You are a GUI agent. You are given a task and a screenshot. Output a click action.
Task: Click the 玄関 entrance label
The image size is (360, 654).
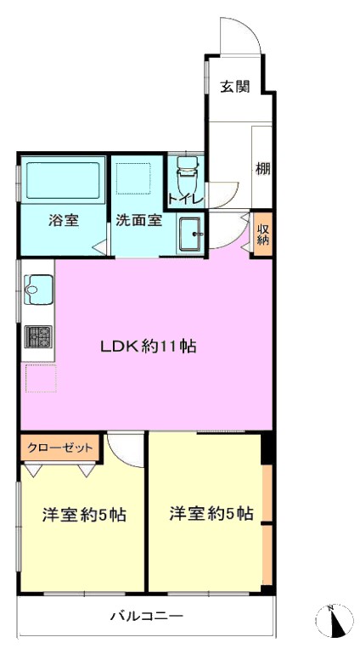pyautogui.click(x=235, y=87)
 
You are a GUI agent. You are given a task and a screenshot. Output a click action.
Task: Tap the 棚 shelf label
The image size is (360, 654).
pyautogui.click(x=263, y=169)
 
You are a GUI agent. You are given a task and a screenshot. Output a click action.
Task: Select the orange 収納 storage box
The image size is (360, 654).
pyautogui.click(x=262, y=234)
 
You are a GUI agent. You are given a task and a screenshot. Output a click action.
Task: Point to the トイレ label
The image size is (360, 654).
pyautogui.click(x=186, y=199)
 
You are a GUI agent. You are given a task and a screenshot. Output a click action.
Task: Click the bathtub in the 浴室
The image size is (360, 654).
pyautogui.click(x=63, y=181)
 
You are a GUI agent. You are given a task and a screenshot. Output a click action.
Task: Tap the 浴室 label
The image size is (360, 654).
pyautogui.click(x=64, y=220)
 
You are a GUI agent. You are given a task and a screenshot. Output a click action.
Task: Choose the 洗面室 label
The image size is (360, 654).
pyautogui.click(x=139, y=220)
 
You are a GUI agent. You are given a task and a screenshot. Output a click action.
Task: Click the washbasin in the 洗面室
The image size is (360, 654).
pyautogui.click(x=191, y=234)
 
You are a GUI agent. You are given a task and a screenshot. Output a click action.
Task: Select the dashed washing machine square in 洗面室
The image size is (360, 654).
pyautogui.click(x=133, y=178)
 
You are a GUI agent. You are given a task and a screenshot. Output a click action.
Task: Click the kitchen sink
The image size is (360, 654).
pyautogui.click(x=39, y=289)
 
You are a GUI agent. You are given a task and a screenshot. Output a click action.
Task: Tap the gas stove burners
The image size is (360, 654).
pyautogui.click(x=38, y=336)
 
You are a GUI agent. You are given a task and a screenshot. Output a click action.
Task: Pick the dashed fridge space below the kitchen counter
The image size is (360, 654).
pyautogui.click(x=41, y=378)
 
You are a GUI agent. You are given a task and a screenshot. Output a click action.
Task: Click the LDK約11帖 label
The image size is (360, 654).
pyautogui.click(x=148, y=346)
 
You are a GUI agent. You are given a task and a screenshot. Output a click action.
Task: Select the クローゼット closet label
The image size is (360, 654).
pyautogui.click(x=60, y=448)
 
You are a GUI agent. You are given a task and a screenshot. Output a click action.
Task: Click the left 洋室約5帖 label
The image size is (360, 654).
pyautogui.click(x=84, y=514)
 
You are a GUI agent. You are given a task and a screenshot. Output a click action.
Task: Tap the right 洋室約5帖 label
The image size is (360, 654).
pyautogui.click(x=211, y=513)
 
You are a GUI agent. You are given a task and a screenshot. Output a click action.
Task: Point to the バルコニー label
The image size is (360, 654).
pyautogui.click(x=147, y=615)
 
